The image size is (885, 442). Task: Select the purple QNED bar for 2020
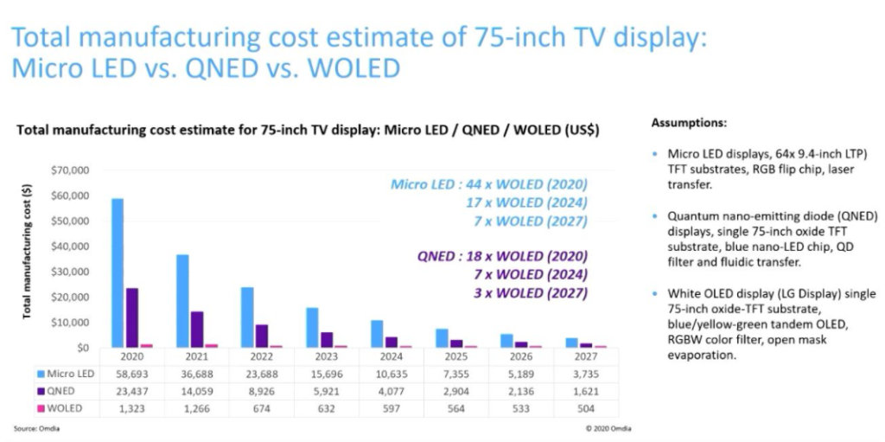pyautogui.click(x=131, y=317)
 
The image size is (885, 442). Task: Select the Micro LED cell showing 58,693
pyautogui.click(x=131, y=374)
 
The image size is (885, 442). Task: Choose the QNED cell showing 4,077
pyautogui.click(x=391, y=390)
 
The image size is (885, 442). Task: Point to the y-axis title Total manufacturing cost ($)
pyautogui.click(x=29, y=252)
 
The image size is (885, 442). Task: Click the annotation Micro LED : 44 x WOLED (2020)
pyautogui.click(x=488, y=184)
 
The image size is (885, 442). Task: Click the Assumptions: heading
pyautogui.click(x=688, y=124)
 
